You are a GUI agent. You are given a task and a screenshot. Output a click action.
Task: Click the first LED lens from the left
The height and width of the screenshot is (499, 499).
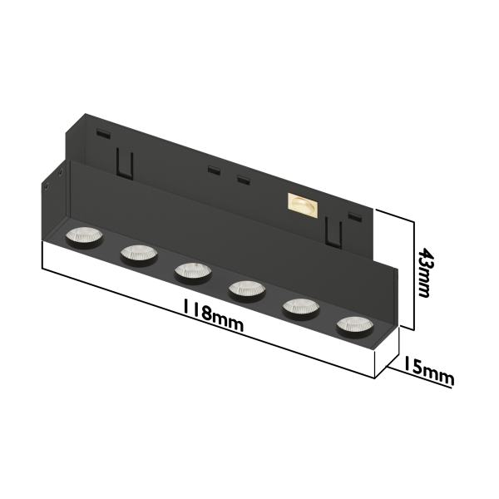pyautogui.click(x=83, y=237)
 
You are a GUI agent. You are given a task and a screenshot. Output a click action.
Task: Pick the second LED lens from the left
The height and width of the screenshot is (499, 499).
pyautogui.click(x=137, y=253)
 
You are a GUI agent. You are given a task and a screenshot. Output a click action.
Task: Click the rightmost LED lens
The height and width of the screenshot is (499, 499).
pyautogui.click(x=353, y=325)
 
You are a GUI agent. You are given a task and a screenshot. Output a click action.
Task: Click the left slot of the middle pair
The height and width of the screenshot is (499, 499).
pyautogui.click(x=215, y=170)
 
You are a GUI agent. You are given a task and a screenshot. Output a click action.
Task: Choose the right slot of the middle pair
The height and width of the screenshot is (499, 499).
pyautogui.click(x=243, y=180)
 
